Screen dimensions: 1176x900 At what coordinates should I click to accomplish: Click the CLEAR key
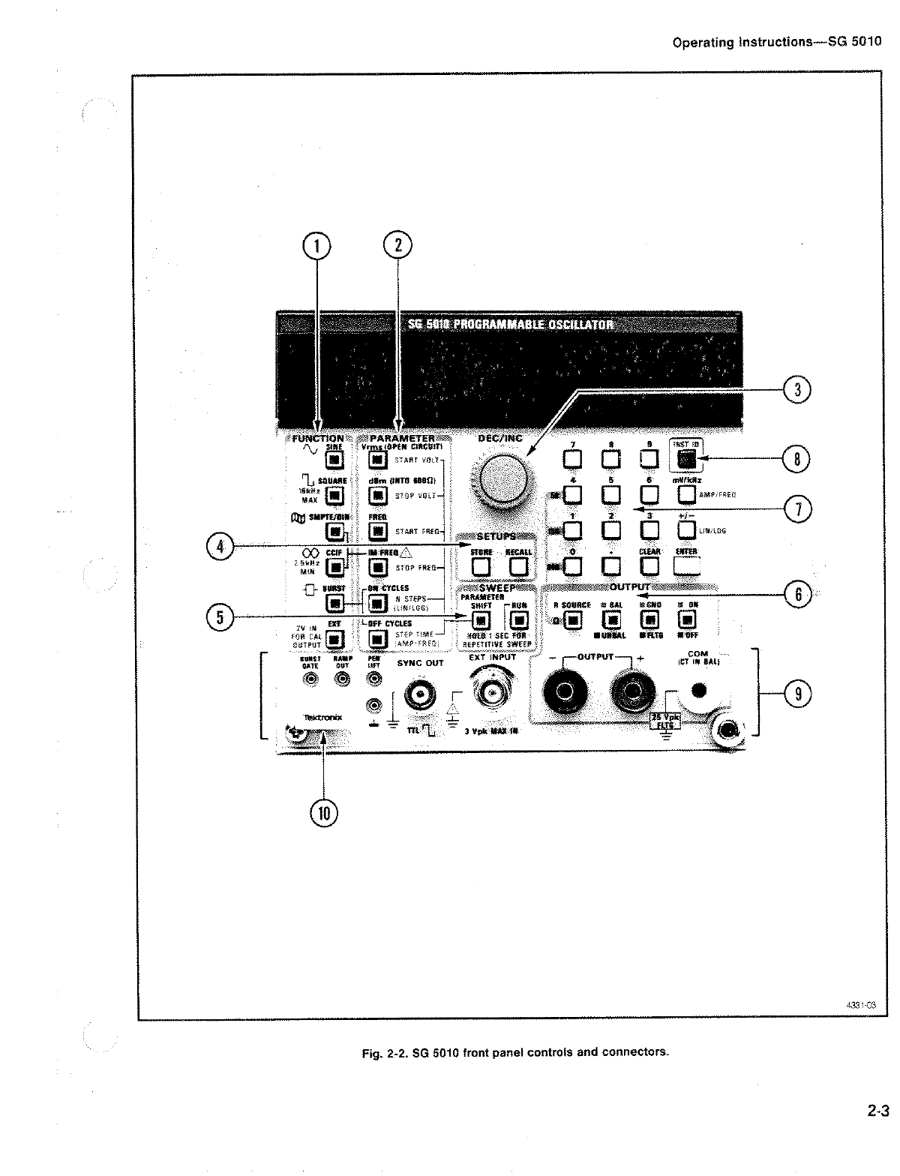coord(649,565)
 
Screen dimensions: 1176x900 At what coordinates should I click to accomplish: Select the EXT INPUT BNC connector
coord(492,692)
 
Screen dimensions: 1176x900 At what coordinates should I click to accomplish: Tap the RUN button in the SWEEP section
coord(518,620)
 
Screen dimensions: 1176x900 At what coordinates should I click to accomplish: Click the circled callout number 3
coord(798,390)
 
